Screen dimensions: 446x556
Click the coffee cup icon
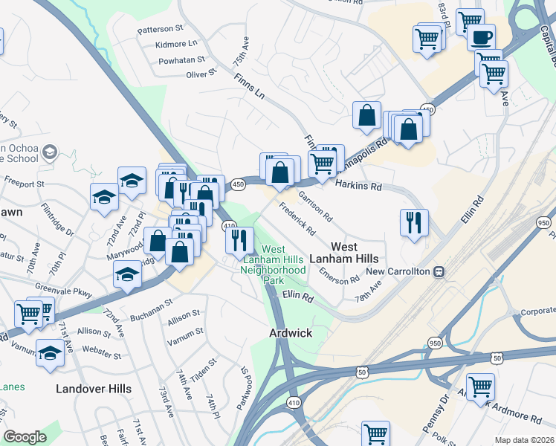coord(481,36)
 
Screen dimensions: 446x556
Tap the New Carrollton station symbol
coord(440,271)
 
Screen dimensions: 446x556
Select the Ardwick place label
coord(290,334)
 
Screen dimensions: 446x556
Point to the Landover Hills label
coord(94,389)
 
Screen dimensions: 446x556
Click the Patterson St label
coord(160,29)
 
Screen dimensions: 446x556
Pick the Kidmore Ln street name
coord(176,45)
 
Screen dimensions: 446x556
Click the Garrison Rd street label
coord(315,206)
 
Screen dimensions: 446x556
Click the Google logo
coord(25,437)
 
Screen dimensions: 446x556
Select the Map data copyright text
coord(523,439)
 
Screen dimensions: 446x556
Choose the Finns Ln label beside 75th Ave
coord(249,86)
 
